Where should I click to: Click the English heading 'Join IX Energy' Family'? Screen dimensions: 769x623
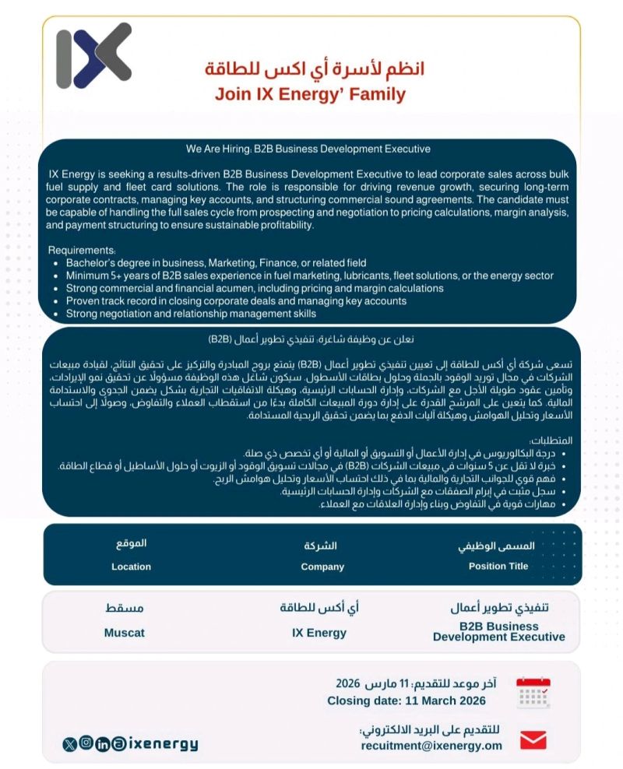pyautogui.click(x=310, y=95)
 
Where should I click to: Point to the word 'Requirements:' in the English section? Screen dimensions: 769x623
pyautogui.click(x=82, y=251)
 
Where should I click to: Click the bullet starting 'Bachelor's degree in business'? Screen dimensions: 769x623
pyautogui.click(x=216, y=263)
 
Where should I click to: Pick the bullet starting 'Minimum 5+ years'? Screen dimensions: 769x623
pyautogui.click(x=309, y=276)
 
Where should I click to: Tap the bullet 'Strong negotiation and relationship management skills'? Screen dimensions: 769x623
pyautogui.click(x=191, y=314)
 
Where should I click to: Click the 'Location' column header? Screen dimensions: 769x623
pyautogui.click(x=131, y=567)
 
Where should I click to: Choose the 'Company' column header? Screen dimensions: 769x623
pyautogui.click(x=322, y=567)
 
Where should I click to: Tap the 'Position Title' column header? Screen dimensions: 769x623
pyautogui.click(x=498, y=566)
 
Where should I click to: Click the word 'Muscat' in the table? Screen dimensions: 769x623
pyautogui.click(x=125, y=633)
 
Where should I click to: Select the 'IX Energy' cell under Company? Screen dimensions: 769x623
pyautogui.click(x=319, y=633)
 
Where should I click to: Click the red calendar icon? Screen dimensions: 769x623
pyautogui.click(x=533, y=692)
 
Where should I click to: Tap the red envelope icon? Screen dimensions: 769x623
pyautogui.click(x=533, y=739)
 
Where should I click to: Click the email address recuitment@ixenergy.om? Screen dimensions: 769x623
pyautogui.click(x=431, y=745)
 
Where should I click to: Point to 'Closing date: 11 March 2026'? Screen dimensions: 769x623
pyautogui.click(x=407, y=701)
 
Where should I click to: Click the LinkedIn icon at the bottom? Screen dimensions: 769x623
pyautogui.click(x=103, y=745)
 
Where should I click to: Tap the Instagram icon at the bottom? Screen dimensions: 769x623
pyautogui.click(x=86, y=744)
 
